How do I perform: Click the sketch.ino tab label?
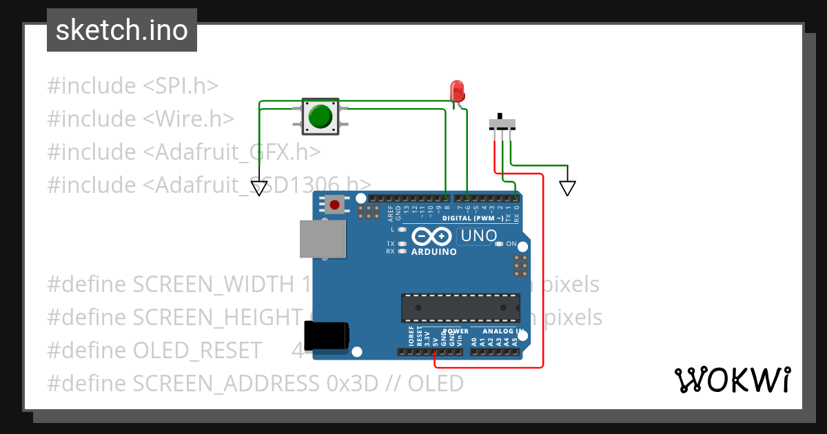122,30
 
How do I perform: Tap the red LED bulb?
456,90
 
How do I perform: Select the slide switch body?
502,123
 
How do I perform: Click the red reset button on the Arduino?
336,204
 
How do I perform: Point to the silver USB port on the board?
322,239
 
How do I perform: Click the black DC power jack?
327,338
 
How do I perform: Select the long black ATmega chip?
461,307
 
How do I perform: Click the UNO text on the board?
478,236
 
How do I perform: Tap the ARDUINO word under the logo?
433,252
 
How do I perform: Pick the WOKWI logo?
731,380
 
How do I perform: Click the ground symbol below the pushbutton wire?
258,187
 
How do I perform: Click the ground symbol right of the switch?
567,187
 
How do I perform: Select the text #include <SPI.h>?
132,86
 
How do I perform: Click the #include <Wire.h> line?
141,119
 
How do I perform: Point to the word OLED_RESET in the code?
197,350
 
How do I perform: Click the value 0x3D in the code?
351,383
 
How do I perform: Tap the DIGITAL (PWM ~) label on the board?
471,218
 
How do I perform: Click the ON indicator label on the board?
511,244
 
